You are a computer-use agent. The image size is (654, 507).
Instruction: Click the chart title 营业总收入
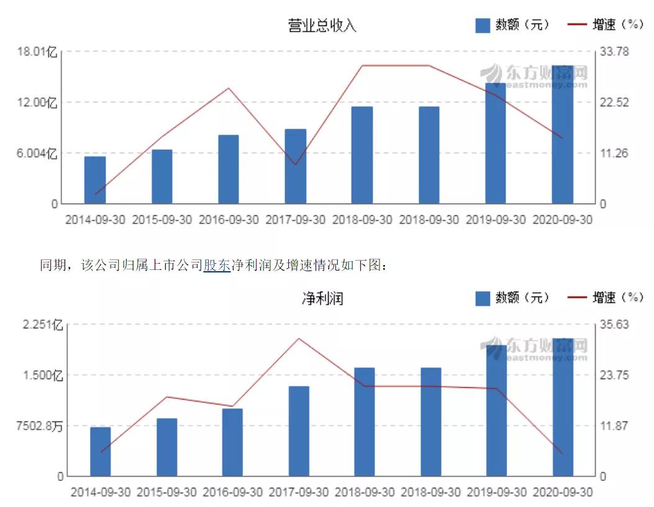[322, 25]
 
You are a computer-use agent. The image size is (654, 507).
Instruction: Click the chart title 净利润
[322, 298]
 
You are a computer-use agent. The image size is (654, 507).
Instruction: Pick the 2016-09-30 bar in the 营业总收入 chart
[229, 169]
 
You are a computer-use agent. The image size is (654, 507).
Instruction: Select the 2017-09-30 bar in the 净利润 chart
[298, 431]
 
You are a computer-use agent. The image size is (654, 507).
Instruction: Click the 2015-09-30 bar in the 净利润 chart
[166, 447]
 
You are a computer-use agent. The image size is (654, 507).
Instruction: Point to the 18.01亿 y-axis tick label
[37, 52]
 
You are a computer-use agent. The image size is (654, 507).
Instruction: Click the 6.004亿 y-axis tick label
[36, 154]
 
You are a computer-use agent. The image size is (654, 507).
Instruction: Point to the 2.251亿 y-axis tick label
[40, 325]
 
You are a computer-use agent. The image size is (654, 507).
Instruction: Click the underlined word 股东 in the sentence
[217, 266]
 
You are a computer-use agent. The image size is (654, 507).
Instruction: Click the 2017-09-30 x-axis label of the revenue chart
[295, 220]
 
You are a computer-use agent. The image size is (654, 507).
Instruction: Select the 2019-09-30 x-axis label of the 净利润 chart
[497, 493]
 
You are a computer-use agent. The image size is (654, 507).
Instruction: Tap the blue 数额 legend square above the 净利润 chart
[483, 298]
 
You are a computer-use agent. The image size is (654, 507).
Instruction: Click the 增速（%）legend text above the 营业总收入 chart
[616, 25]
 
